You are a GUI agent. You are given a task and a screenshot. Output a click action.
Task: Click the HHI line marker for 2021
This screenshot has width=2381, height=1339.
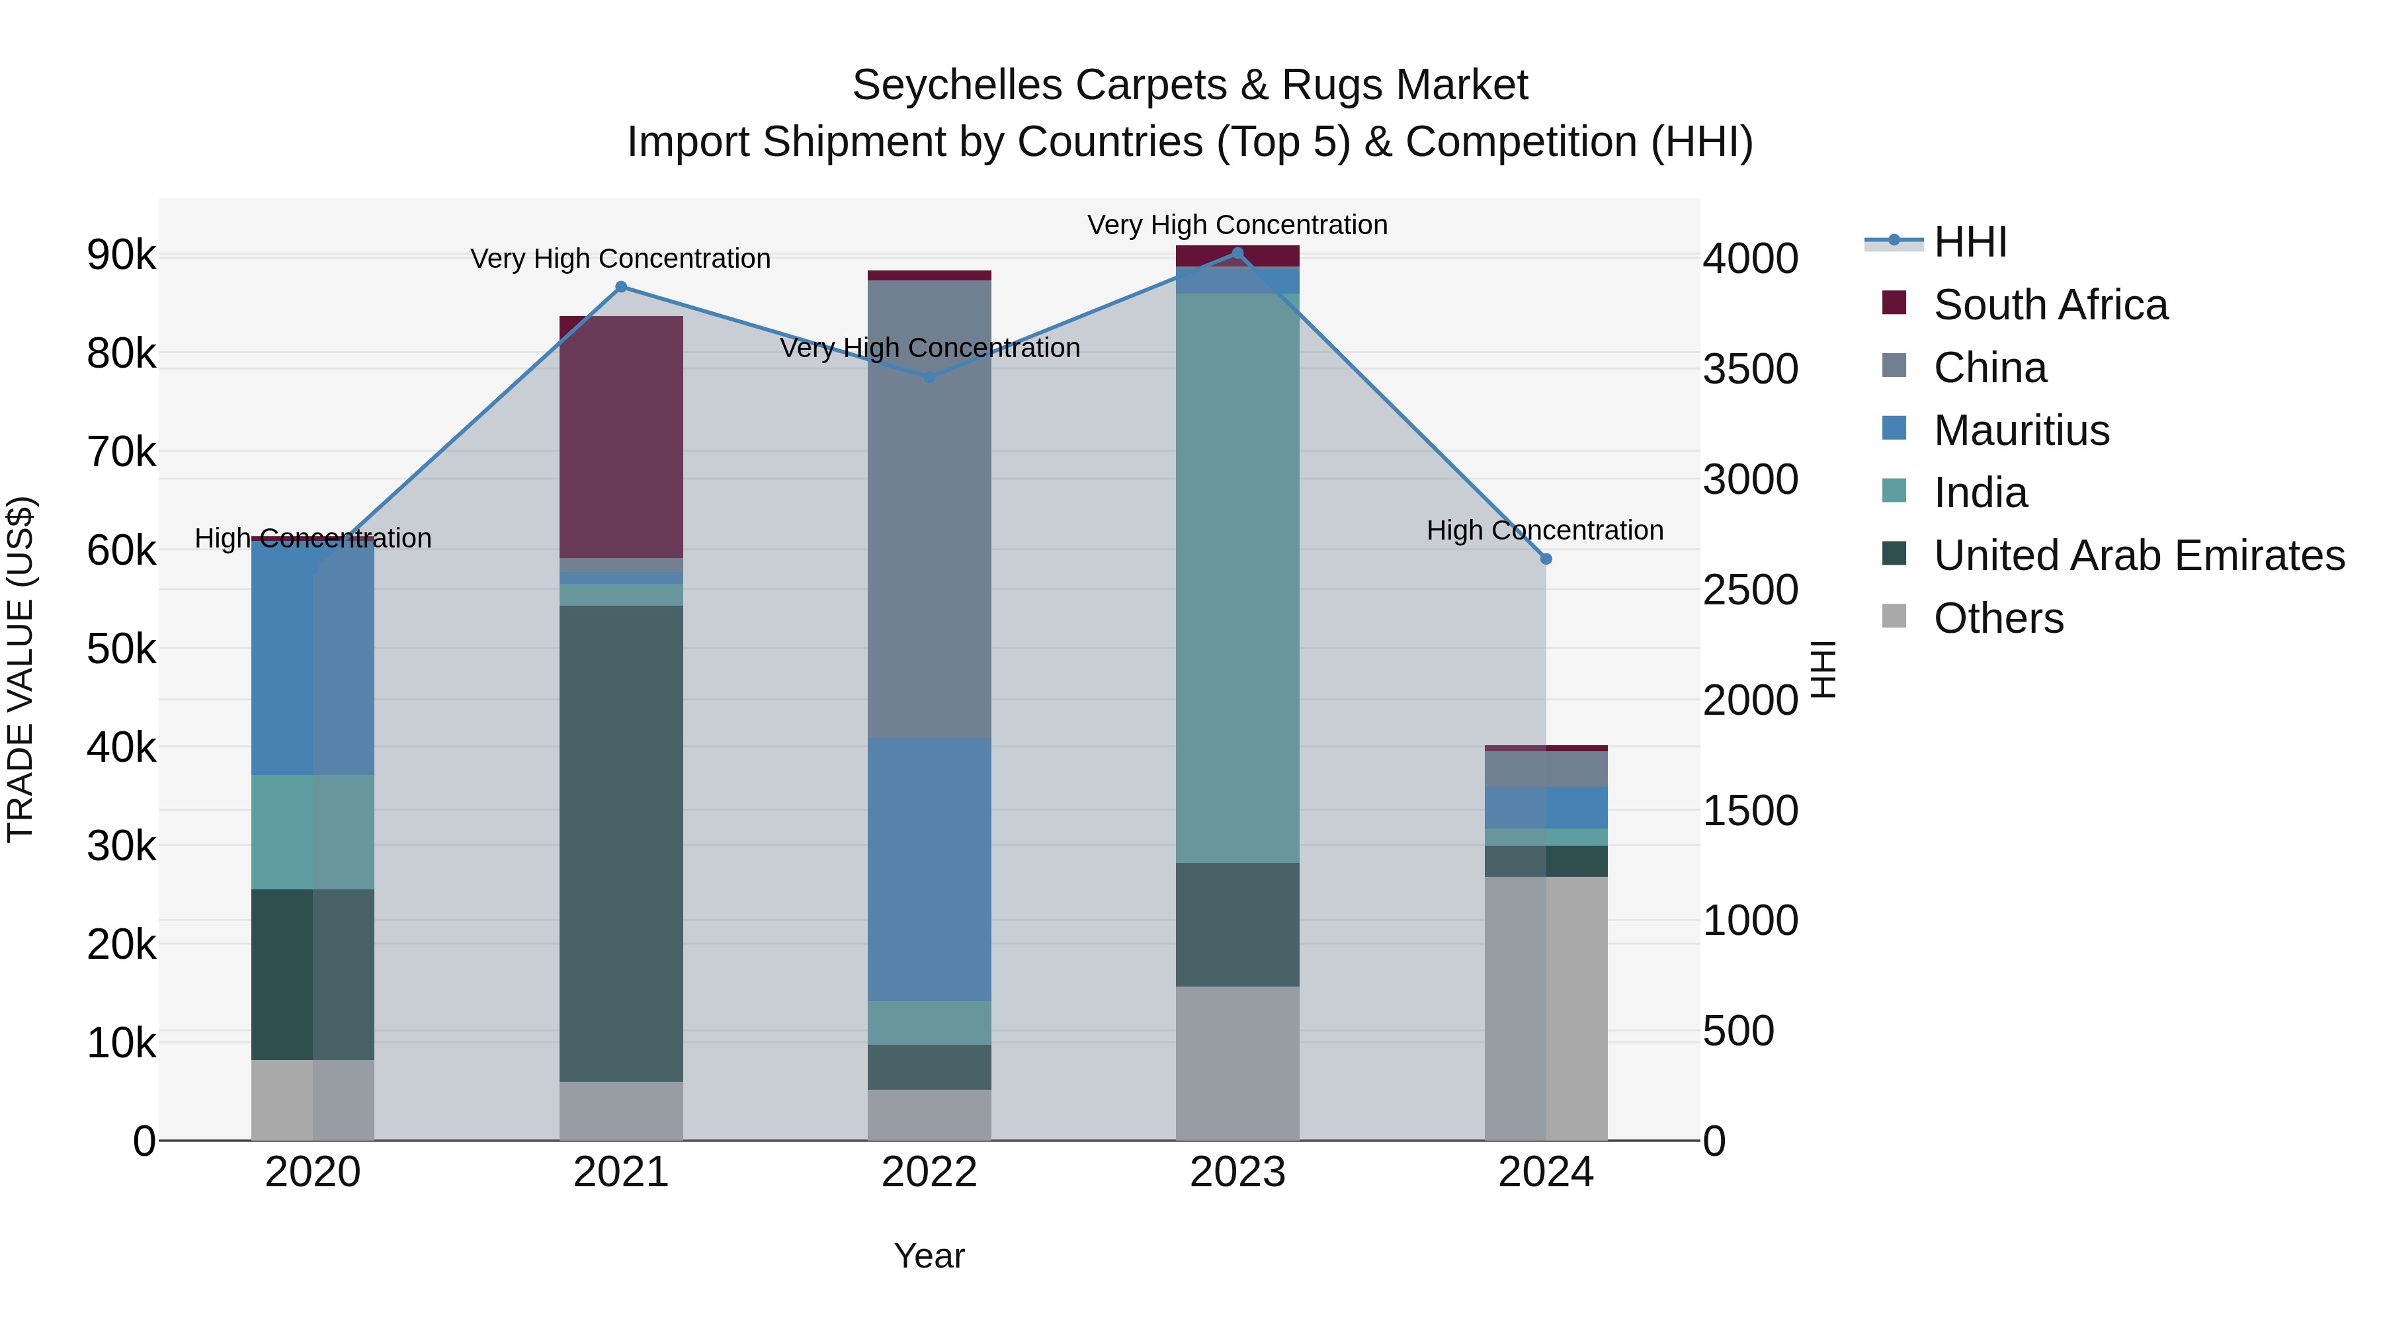tap(621, 288)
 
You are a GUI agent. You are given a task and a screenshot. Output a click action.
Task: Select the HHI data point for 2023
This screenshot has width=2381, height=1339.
tap(1237, 253)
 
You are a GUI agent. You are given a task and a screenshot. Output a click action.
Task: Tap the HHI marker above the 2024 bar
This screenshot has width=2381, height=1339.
tap(1546, 559)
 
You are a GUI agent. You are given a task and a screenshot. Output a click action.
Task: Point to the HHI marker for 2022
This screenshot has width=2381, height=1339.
tap(930, 378)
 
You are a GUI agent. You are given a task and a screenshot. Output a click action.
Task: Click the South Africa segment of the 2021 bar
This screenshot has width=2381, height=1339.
tap(621, 436)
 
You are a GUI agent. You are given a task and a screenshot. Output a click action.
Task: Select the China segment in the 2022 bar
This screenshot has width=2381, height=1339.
tap(930, 508)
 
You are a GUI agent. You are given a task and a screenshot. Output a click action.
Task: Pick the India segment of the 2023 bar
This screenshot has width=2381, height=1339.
tap(1237, 577)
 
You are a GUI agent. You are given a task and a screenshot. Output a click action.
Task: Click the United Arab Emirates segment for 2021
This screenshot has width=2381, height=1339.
tap(621, 843)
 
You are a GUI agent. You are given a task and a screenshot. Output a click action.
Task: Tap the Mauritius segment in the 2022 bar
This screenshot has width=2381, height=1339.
tap(930, 869)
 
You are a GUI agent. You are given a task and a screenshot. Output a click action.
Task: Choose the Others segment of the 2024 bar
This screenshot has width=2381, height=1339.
tap(1546, 1007)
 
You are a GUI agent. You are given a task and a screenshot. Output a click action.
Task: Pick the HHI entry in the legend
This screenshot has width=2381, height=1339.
tap(1969, 242)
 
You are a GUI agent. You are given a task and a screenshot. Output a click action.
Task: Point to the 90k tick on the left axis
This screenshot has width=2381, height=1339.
tap(121, 255)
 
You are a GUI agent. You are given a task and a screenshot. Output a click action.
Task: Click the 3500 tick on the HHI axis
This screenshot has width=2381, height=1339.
tap(1749, 369)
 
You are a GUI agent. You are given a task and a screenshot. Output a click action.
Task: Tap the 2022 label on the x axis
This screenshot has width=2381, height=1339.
tap(930, 1172)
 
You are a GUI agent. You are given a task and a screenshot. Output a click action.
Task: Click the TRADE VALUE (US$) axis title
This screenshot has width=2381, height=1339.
tap(21, 669)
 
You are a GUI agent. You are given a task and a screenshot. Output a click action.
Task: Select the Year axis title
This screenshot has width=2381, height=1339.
tap(929, 1256)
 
